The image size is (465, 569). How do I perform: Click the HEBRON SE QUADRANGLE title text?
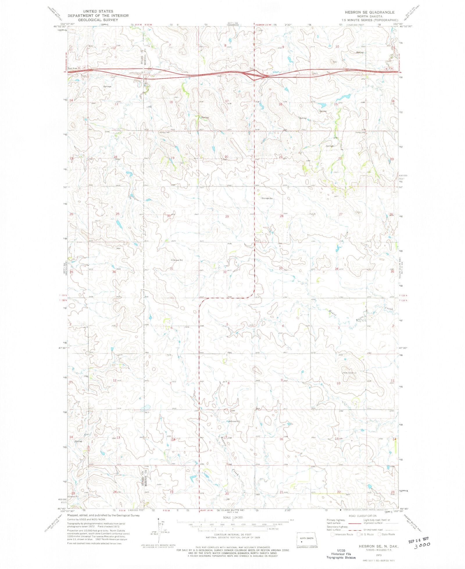369,12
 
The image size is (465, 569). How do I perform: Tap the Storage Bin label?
267,198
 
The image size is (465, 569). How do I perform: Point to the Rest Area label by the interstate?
73,68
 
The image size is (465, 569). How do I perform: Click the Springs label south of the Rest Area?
107,86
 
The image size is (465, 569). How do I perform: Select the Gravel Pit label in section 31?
178,260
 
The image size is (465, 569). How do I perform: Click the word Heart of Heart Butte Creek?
332,313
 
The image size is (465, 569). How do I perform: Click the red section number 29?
227,217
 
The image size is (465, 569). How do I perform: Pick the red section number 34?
337,269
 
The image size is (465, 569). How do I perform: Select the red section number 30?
169,216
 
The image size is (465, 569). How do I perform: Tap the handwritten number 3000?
422,547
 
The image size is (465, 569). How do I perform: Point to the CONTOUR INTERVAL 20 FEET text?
233,535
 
